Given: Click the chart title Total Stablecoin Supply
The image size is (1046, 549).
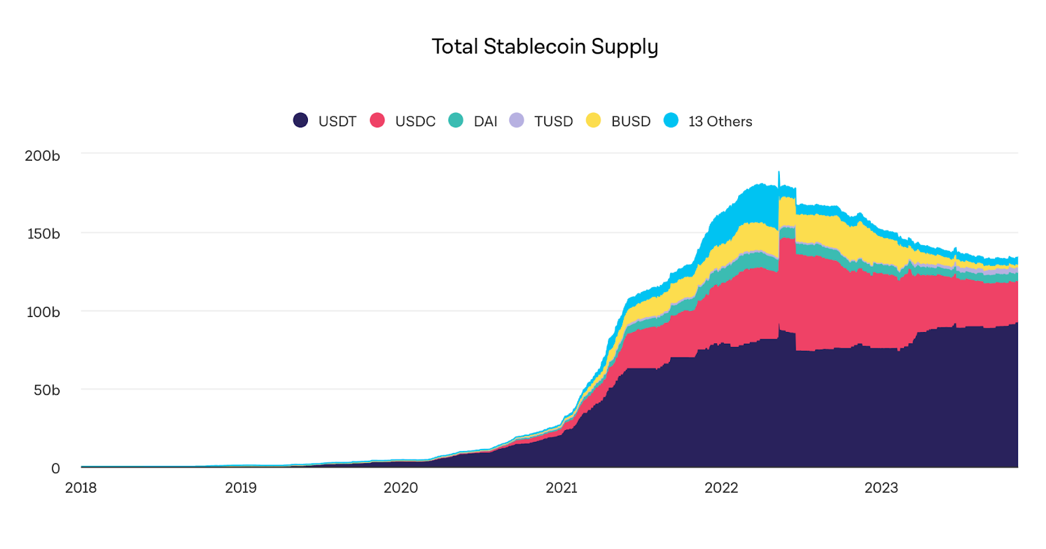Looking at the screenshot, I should [545, 47].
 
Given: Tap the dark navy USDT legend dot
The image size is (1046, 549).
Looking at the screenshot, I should [301, 120].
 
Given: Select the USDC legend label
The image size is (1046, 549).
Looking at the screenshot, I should [415, 122].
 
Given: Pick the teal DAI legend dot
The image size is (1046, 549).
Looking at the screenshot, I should [456, 120].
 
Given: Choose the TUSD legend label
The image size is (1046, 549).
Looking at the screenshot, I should [553, 122].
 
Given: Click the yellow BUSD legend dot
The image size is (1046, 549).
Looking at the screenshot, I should [594, 120].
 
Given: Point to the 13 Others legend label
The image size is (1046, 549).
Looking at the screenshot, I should [720, 122].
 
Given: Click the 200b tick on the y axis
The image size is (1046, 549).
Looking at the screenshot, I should [42, 156].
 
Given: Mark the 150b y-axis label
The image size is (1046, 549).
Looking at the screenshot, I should [43, 234].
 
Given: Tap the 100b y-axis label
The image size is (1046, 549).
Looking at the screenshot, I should [43, 312].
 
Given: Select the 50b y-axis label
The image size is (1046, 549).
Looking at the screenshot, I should [46, 390].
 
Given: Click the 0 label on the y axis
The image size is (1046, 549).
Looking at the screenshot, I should [56, 469].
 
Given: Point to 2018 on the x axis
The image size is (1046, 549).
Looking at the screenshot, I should [81, 488].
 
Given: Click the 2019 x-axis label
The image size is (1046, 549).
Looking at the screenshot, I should [241, 488].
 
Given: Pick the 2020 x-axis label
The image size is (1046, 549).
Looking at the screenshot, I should [401, 488].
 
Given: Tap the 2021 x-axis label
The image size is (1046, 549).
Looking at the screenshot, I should [562, 488].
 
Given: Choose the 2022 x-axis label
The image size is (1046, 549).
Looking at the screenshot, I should [721, 488].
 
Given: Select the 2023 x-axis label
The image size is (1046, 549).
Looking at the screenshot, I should [881, 488].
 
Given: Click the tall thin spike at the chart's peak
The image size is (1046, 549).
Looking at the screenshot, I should [779, 180].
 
